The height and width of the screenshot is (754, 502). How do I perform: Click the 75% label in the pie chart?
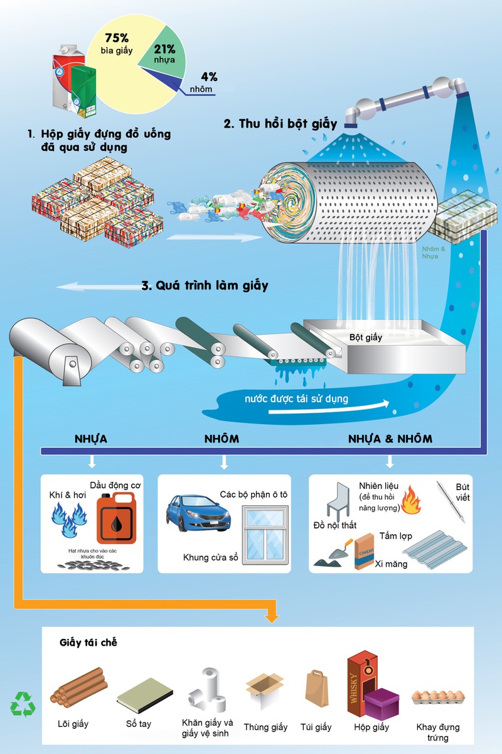[117, 38]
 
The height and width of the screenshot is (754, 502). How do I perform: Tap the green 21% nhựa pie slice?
[162, 57]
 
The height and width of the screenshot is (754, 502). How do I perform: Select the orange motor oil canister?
[116, 517]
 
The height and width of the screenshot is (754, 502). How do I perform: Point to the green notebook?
[144, 694]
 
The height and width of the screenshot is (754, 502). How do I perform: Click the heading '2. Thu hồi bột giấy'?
[280, 123]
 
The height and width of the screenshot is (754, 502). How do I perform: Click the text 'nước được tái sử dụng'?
[296, 398]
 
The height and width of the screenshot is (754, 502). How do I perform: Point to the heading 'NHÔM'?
[222, 439]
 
